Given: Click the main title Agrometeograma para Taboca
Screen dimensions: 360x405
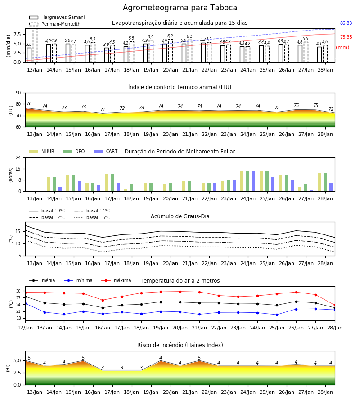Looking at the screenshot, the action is point(180,8).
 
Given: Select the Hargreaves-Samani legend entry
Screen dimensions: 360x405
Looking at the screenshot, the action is point(57,17).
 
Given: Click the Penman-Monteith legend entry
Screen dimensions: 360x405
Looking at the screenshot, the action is point(55,24).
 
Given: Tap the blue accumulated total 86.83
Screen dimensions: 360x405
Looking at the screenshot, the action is point(346,23).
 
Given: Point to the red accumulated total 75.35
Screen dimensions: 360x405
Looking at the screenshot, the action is point(346,37).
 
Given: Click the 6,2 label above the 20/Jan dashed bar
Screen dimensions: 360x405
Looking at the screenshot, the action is point(170,36).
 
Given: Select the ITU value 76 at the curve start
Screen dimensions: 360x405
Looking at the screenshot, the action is point(29,103).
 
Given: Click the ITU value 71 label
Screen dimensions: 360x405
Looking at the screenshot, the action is point(103,109).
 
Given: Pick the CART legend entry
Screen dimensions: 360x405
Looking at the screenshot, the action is point(106,151).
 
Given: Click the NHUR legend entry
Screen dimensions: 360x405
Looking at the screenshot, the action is point(42,151).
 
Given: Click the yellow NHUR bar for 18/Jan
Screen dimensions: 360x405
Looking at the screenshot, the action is point(126,190).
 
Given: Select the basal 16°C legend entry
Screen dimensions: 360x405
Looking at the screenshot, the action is point(92,217).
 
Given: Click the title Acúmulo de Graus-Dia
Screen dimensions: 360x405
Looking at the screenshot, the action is point(180,216).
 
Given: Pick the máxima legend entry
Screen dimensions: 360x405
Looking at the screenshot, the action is point(116,280).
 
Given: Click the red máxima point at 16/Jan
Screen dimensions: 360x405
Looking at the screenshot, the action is point(103,300).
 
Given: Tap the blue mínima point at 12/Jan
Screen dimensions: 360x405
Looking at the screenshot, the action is point(26,303).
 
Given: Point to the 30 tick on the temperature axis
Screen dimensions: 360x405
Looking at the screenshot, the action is point(18,291).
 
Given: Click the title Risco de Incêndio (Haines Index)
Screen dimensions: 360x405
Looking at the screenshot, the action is point(180,345).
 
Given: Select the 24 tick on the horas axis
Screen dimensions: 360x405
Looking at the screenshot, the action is point(18,157).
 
